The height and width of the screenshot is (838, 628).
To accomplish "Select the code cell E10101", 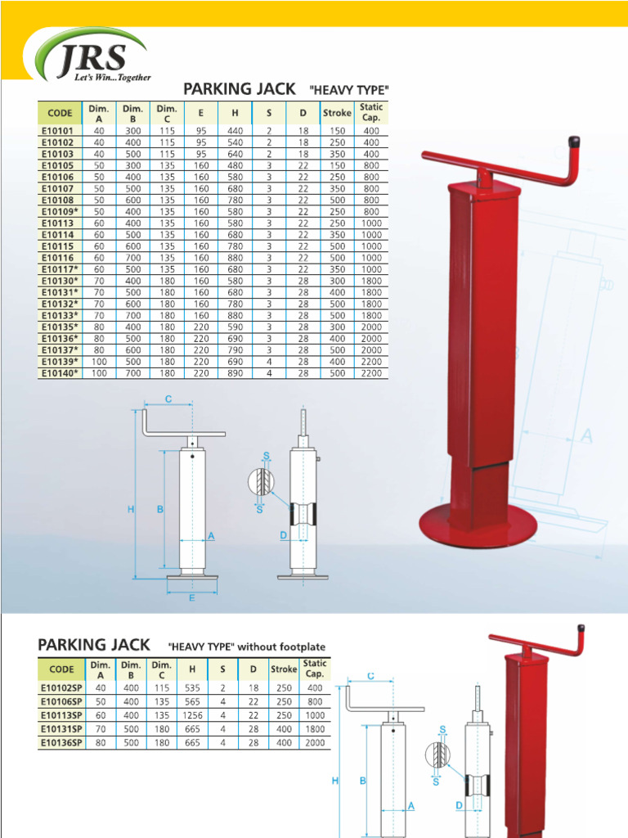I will pyautogui.click(x=57, y=130).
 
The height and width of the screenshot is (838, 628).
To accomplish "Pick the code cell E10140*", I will pyautogui.click(x=60, y=373).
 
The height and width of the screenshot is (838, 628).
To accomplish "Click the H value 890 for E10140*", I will pyautogui.click(x=235, y=373).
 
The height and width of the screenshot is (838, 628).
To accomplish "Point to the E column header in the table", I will pyautogui.click(x=200, y=113).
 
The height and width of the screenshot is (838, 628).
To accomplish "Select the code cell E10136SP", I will pyautogui.click(x=61, y=743).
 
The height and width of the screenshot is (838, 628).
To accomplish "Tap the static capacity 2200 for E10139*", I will pyautogui.click(x=371, y=362).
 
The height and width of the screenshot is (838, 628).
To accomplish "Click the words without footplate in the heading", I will pyautogui.click(x=280, y=647).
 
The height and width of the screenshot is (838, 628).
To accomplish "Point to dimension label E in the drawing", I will pyautogui.click(x=192, y=598).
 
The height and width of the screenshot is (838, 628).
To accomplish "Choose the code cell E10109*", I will pyautogui.click(x=60, y=211).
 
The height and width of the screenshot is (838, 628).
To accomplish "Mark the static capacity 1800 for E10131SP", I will pyautogui.click(x=314, y=729).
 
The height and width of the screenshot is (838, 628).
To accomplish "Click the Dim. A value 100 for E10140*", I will pyautogui.click(x=99, y=373).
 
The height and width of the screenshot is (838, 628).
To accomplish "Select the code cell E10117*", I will pyautogui.click(x=60, y=269).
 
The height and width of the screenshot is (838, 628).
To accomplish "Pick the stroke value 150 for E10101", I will pyautogui.click(x=337, y=130).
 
